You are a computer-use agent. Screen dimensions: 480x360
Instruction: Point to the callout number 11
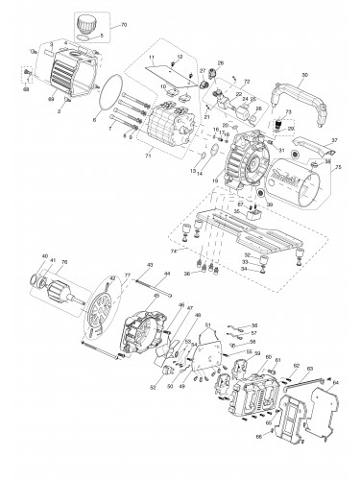pos(150,59)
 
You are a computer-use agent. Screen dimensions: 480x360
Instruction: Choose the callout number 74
pos(173,251)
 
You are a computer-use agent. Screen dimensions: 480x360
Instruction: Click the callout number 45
pos(156,297)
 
